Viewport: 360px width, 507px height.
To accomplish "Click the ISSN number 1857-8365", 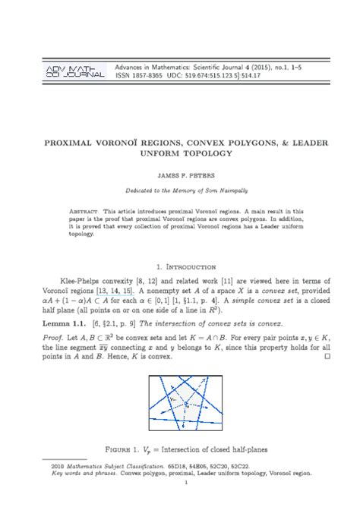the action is (x=151, y=77).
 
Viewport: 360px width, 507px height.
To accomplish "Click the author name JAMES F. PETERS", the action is (x=180, y=174).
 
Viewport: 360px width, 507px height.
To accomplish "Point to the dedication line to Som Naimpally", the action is (x=180, y=191).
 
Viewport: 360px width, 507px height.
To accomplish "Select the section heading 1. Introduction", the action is (x=180, y=267).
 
